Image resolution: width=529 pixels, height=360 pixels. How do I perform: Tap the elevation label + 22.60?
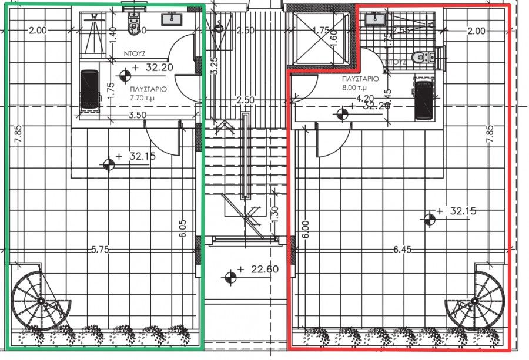(258, 271)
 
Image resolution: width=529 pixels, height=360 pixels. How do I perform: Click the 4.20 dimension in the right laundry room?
(366, 98)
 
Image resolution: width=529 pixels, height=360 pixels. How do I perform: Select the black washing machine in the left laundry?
(89, 89)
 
